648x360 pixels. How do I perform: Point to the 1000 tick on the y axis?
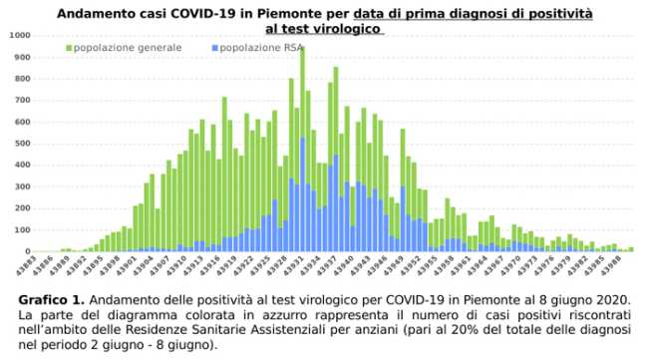click(19, 35)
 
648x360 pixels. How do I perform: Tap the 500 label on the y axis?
click(22, 143)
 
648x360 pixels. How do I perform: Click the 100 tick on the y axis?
click(22, 229)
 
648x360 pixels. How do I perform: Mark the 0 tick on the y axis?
click(27, 251)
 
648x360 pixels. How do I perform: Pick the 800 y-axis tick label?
click(22, 78)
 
